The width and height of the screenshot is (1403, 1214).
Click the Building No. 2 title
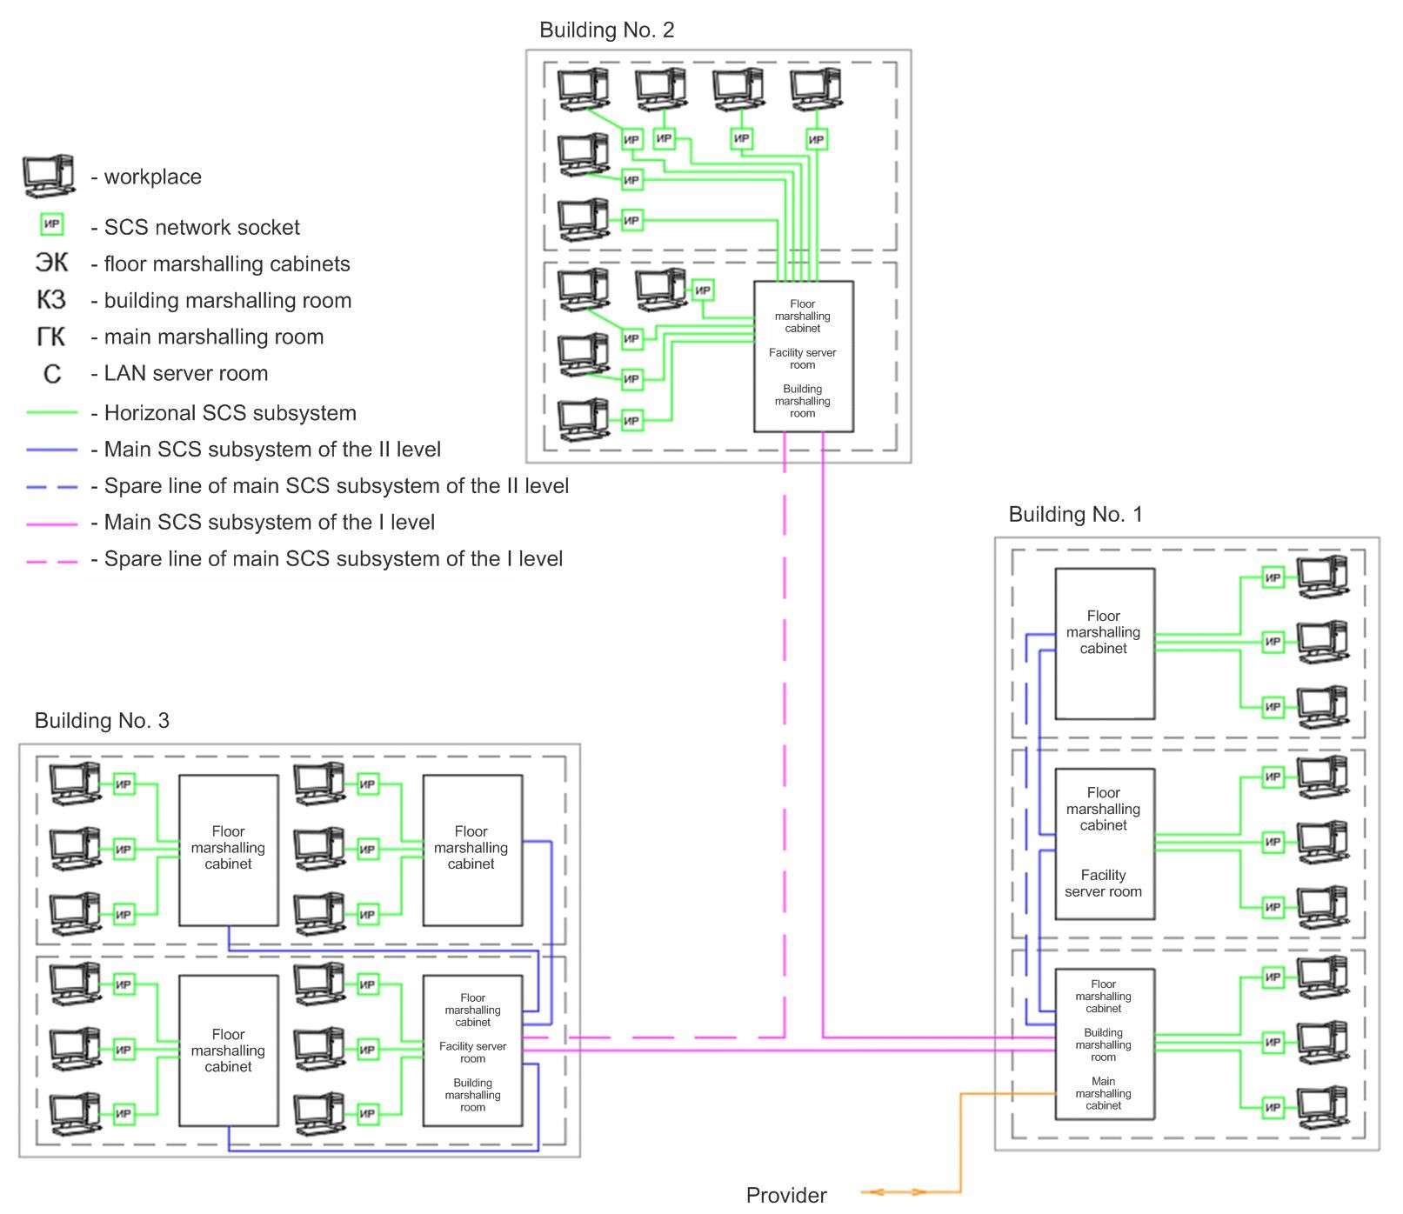point(606,30)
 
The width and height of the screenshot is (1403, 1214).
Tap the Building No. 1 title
point(1075,515)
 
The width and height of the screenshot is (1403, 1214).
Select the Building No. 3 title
point(102,721)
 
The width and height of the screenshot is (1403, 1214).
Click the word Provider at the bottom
point(786,1196)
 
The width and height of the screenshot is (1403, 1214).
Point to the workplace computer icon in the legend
point(48,177)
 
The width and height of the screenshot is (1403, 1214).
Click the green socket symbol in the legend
point(51,225)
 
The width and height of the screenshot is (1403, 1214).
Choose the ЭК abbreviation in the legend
point(51,263)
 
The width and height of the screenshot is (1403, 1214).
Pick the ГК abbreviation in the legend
point(51,337)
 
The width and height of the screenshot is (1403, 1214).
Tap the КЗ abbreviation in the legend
point(51,300)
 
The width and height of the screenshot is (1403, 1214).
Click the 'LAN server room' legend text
point(185,374)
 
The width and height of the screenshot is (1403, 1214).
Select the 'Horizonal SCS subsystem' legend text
point(230,414)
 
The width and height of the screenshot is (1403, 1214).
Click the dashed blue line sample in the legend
point(52,487)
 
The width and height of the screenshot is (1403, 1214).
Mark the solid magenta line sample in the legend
point(52,524)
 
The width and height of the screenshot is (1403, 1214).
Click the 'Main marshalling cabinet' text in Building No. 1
point(1103,1094)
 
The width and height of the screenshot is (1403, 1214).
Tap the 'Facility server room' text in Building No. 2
point(802,359)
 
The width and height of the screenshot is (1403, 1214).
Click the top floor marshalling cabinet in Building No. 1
point(1105,644)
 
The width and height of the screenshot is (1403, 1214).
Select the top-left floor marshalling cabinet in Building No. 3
point(229,850)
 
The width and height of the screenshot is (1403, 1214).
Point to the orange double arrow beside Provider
point(893,1192)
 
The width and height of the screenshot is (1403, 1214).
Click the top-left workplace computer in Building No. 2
point(582,89)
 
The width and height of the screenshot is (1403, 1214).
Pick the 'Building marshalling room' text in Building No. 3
point(472,1096)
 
